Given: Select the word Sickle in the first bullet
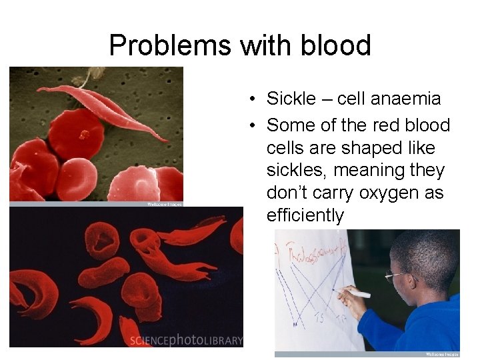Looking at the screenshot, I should coord(291,99).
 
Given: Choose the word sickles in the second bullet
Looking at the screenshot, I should coord(295,171).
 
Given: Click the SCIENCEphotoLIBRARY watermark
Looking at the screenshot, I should coord(186,340).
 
